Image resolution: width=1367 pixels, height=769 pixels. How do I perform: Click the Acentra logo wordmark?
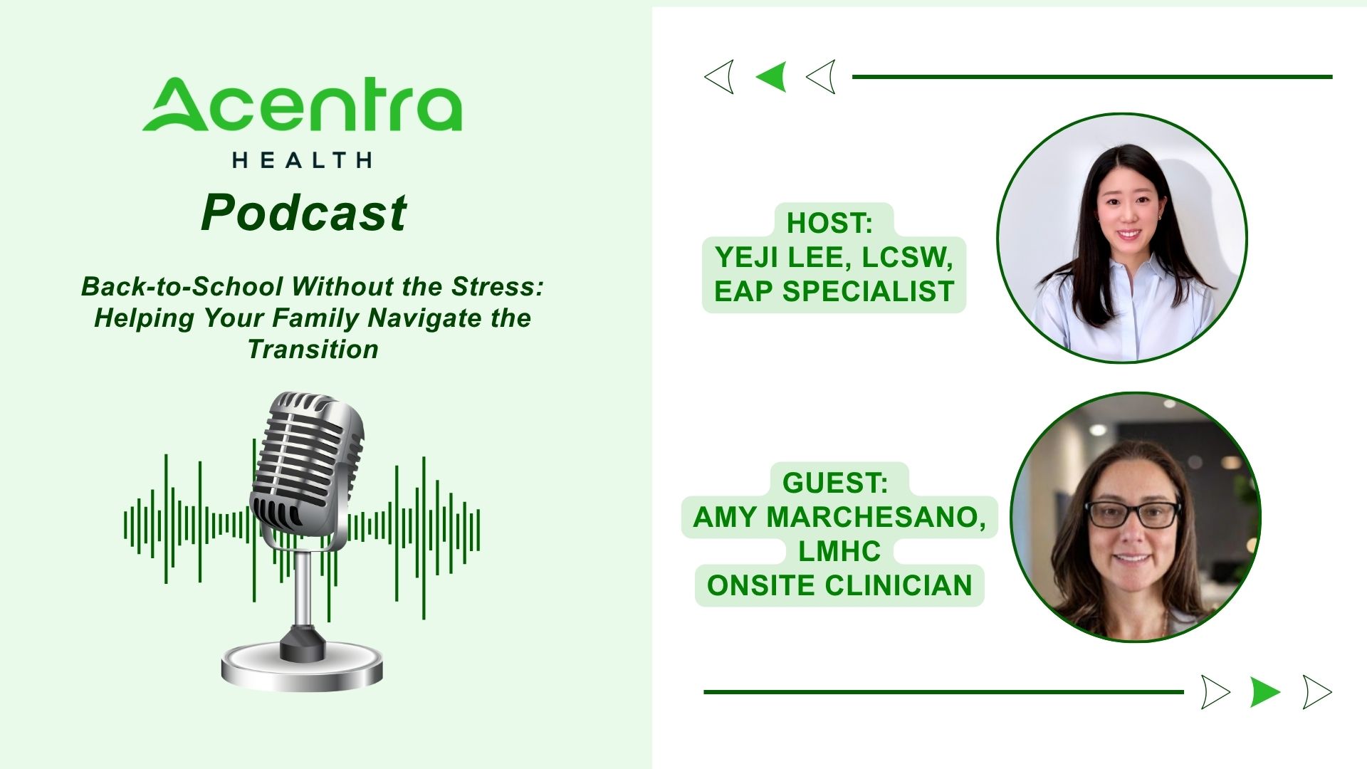(x=302, y=105)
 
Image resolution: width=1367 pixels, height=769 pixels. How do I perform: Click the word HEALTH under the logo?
(x=302, y=160)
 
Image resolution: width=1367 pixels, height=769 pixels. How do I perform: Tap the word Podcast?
(x=303, y=212)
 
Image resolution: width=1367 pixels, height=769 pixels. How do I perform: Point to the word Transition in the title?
(x=313, y=349)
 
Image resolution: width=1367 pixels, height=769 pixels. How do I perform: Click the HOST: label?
(x=829, y=223)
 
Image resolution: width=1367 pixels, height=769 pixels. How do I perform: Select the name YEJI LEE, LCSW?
(x=834, y=257)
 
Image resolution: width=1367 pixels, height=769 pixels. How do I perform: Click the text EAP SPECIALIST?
(x=834, y=291)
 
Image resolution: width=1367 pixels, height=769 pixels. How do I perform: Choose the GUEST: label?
(x=835, y=483)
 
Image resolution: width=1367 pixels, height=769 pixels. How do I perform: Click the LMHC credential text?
(x=839, y=551)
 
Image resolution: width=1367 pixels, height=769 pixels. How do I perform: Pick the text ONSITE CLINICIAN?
(x=839, y=585)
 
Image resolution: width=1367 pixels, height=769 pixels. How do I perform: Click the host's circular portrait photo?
(x=1122, y=238)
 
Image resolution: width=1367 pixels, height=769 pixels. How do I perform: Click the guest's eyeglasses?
(x=1132, y=514)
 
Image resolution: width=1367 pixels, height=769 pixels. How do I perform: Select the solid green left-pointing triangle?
(x=772, y=76)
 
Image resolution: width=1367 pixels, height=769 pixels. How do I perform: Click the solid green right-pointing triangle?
(x=1265, y=691)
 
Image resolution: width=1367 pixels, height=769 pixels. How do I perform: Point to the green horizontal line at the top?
(x=1092, y=77)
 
